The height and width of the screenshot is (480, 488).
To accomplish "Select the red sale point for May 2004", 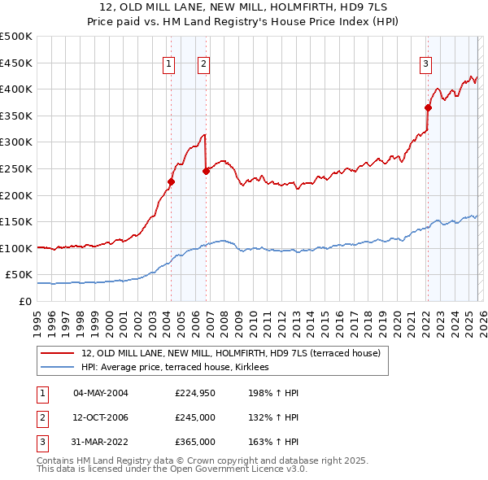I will point(171,182).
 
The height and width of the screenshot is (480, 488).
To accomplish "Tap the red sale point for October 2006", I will point(206,171).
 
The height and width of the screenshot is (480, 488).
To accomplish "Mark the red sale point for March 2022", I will point(428,107).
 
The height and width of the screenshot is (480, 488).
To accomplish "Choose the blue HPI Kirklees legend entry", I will point(181,368).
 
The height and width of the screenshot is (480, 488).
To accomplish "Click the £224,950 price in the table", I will point(195,394).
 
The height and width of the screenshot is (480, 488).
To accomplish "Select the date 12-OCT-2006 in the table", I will point(101,417).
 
